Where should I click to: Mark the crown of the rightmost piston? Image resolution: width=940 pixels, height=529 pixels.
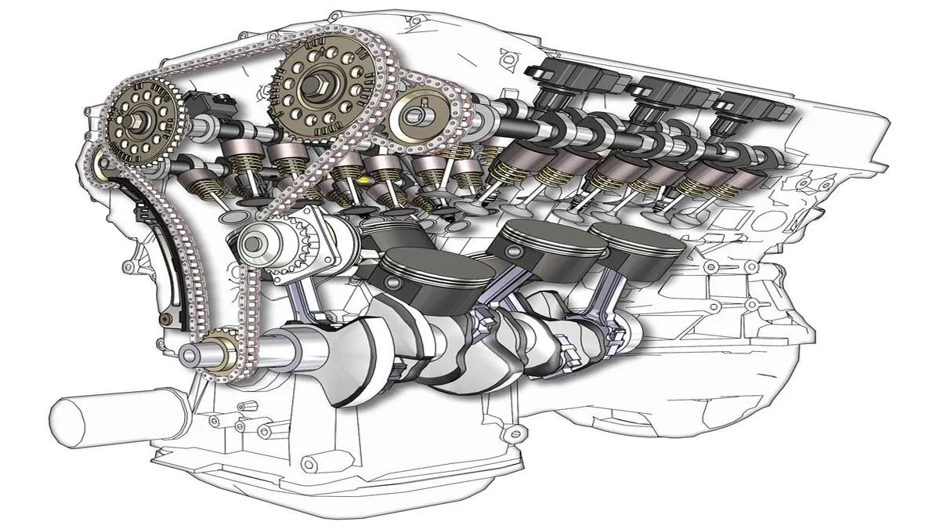[634, 235]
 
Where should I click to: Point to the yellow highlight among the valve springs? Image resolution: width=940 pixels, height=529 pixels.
[363, 181]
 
